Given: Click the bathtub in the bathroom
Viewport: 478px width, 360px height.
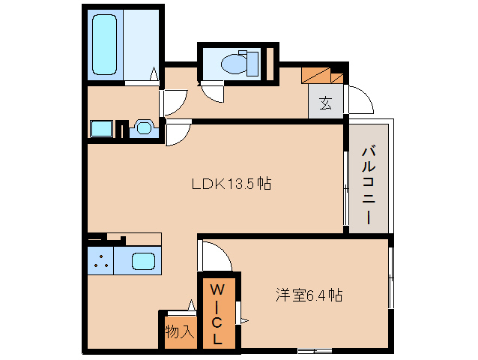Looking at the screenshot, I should [x=106, y=46].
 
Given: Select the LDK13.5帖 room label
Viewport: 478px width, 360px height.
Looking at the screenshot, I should [x=230, y=183].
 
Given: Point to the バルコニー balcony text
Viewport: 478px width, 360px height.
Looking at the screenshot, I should [x=368, y=184].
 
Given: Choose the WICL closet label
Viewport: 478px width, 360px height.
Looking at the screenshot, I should [x=217, y=313].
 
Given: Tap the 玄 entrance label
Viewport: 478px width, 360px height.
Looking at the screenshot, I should [x=326, y=103].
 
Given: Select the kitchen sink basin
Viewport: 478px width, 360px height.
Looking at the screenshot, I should [x=145, y=262].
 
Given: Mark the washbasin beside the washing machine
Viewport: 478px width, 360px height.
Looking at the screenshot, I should [x=143, y=128].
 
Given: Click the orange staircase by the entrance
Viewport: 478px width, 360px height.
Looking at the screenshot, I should [x=323, y=75].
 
